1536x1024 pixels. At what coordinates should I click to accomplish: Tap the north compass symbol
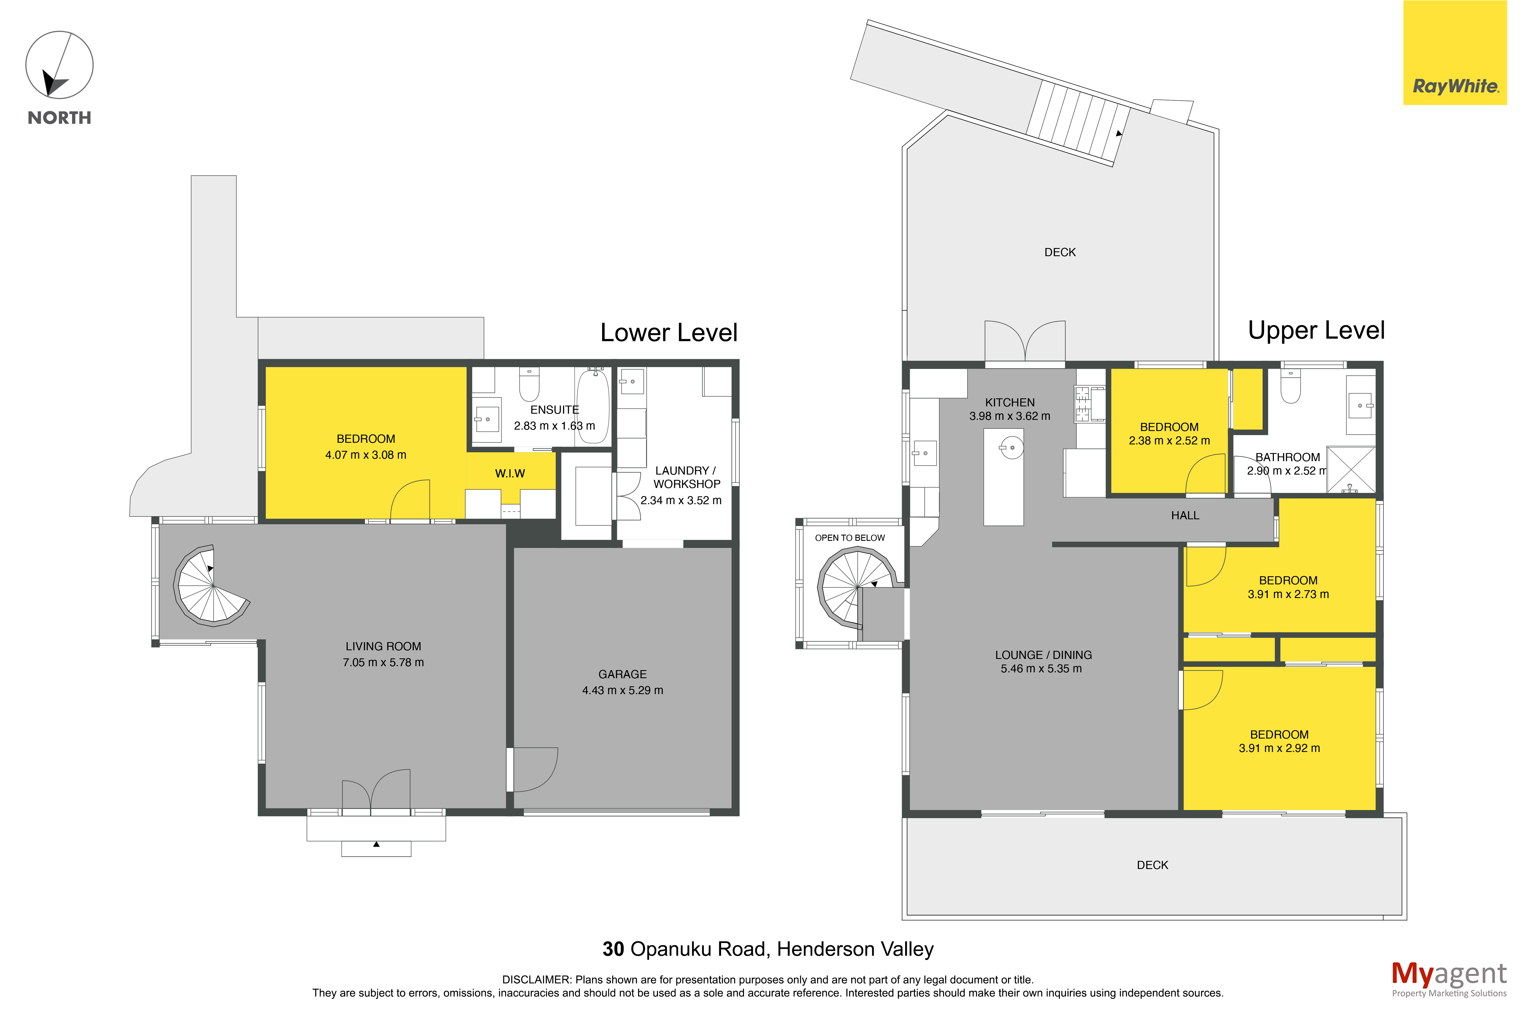pyautogui.click(x=59, y=65)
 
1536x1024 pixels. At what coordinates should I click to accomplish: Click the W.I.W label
pyautogui.click(x=510, y=473)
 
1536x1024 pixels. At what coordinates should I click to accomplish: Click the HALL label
pyautogui.click(x=1185, y=515)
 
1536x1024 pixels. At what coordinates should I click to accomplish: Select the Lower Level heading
pyautogui.click(x=669, y=332)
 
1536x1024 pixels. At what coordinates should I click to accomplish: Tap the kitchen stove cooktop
pyautogui.click(x=1082, y=403)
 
